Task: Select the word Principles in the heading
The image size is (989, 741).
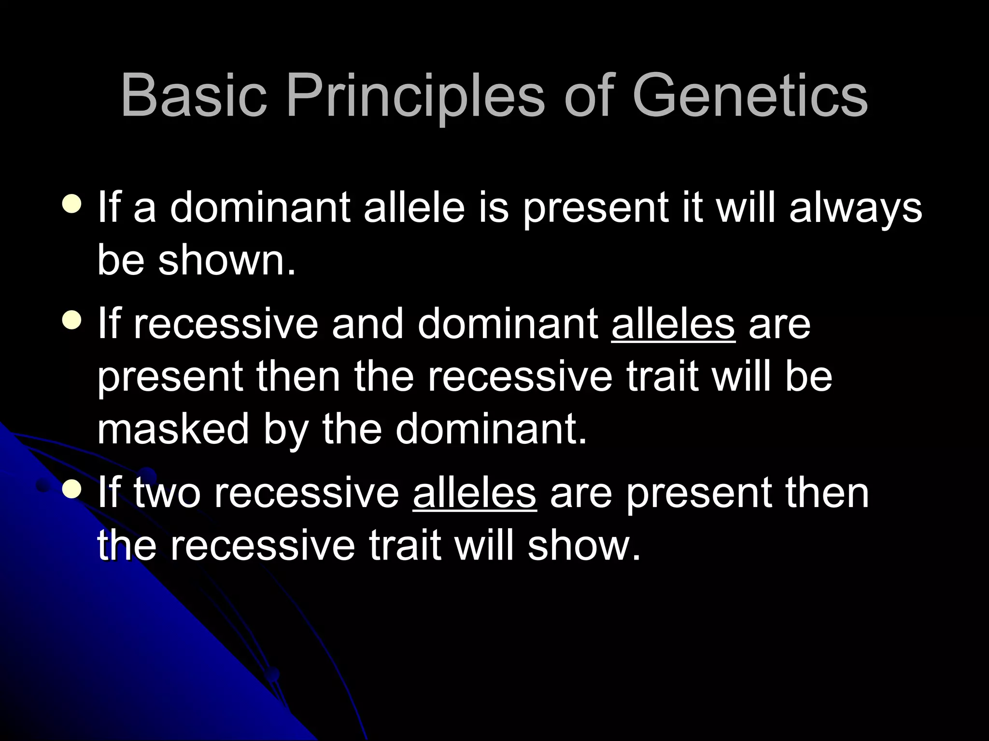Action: point(416,96)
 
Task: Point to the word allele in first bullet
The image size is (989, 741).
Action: point(414,207)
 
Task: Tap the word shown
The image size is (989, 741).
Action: point(226,261)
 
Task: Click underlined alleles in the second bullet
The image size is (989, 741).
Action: point(673,324)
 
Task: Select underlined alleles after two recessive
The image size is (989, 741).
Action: point(475,493)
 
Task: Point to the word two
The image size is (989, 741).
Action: point(167,494)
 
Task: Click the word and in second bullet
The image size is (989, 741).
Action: point(367,324)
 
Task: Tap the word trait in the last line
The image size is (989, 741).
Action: point(405,546)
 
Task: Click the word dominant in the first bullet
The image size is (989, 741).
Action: point(260,207)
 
